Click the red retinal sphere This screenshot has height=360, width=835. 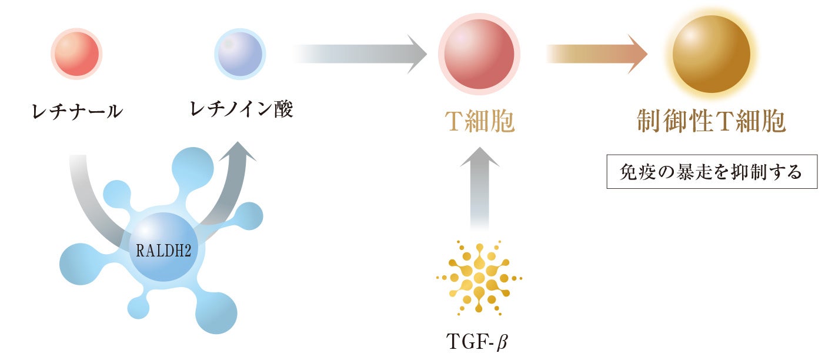coord(76,55)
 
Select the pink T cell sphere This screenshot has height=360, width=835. coord(479,55)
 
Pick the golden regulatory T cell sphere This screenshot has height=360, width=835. coord(712,55)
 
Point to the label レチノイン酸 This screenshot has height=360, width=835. coord(241,109)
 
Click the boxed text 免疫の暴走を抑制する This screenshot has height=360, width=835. coord(712,172)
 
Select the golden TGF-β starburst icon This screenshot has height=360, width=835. coord(479,277)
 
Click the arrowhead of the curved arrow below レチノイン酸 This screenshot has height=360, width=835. coord(238,152)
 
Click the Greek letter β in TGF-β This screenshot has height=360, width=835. coord(501,342)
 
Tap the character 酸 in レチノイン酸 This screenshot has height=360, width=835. coord(282,109)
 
